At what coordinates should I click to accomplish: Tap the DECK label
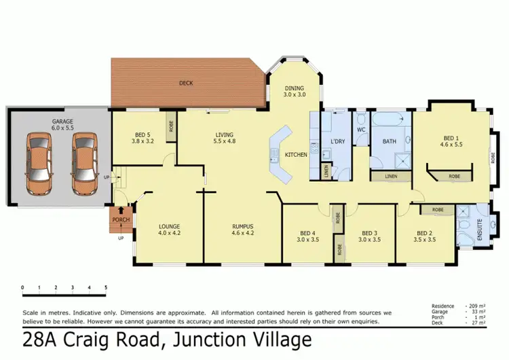(186, 84)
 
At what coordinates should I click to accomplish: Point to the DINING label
(293, 88)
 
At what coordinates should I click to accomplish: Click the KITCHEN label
(297, 155)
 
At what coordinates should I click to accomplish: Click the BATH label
(389, 141)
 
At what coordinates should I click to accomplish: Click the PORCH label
(121, 220)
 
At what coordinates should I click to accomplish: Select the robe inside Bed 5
(170, 127)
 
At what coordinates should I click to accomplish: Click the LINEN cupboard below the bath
(391, 177)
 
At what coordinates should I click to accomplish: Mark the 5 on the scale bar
(105, 287)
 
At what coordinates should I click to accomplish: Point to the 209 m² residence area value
(474, 306)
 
